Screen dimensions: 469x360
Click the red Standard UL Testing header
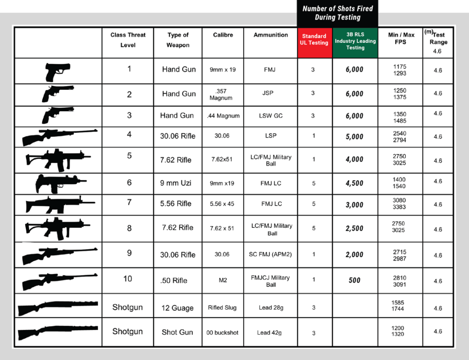315,40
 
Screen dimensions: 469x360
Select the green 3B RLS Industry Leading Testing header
355,41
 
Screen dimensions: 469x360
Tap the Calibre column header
223,35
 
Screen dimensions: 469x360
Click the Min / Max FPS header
401,38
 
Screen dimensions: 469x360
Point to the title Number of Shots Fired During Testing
337,13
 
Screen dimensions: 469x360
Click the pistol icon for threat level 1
58,72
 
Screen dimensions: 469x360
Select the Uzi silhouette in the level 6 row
57,184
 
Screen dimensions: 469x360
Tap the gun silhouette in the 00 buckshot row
58,332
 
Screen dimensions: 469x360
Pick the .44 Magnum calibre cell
223,116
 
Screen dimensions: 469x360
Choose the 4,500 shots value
355,183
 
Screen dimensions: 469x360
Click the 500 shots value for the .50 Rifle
355,280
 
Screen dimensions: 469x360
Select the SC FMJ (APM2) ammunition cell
270,254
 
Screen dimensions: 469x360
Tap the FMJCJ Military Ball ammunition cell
270,281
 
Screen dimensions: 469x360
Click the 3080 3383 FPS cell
399,204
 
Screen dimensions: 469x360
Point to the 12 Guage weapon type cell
177,308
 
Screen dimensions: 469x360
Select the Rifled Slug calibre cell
222,308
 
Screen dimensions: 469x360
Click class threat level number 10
127,278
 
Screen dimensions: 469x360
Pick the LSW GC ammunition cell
271,116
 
